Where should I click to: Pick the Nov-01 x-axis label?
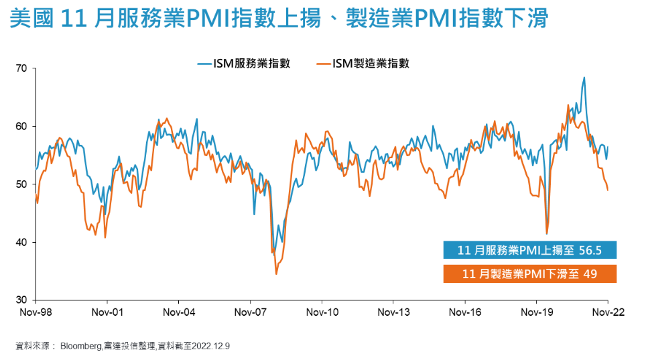[107, 312]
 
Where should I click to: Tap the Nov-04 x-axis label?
[179, 312]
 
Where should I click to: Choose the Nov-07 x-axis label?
[250, 312]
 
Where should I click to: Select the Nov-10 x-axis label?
[322, 312]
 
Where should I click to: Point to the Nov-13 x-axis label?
[393, 312]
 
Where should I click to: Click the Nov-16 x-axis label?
[465, 312]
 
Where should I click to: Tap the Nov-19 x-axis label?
[536, 312]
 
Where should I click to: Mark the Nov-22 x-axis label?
[607, 312]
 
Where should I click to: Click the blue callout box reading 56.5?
[529, 250]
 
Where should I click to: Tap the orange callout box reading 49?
[529, 274]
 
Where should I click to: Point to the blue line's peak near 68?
[584, 78]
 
